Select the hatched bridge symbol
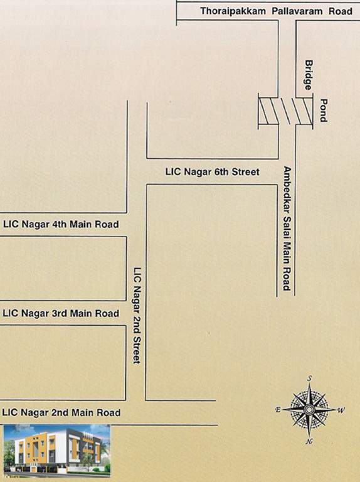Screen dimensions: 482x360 pos(285,112)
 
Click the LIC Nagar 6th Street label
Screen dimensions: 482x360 pos(212,171)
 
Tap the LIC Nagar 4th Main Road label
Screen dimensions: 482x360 pos(61,224)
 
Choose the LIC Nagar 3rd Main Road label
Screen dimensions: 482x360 pos(61,313)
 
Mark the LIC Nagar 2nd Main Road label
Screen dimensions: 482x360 pos(61,412)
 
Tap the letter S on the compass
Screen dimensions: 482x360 pos(309,378)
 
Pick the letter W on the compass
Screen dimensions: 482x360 pos(342,411)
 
